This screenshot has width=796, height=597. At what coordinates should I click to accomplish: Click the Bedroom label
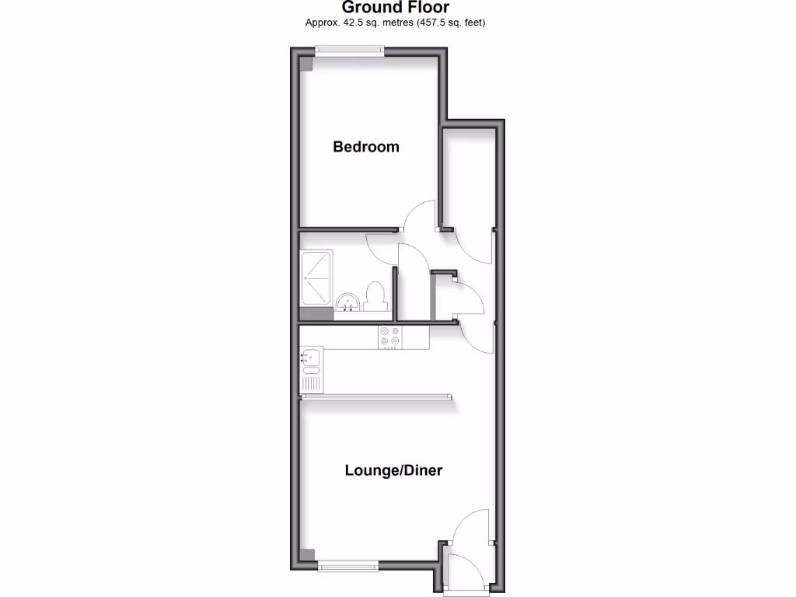pyautogui.click(x=365, y=147)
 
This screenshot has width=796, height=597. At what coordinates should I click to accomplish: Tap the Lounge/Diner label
pyautogui.click(x=393, y=470)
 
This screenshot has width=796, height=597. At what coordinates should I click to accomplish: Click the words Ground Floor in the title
pyautogui.click(x=396, y=8)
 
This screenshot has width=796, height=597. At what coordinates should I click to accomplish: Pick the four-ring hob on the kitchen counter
pyautogui.click(x=390, y=337)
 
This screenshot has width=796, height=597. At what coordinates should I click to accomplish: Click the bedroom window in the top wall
pyautogui.click(x=349, y=51)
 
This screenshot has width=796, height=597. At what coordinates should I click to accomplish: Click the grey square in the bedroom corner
pyautogui.click(x=306, y=65)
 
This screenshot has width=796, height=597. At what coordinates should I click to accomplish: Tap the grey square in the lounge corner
pyautogui.click(x=307, y=556)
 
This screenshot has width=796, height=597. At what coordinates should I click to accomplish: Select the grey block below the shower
pyautogui.click(x=316, y=313)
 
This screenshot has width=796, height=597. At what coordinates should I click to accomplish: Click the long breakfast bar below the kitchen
pyautogui.click(x=377, y=396)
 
